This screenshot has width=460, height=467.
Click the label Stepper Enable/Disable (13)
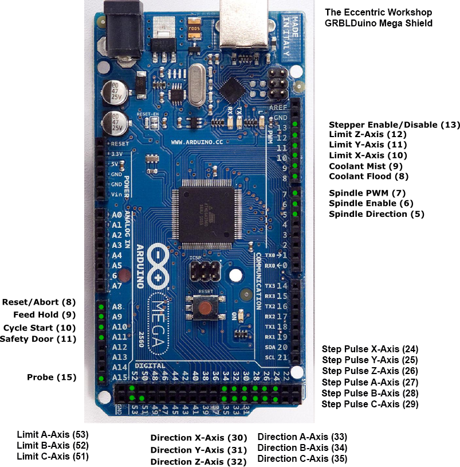coord(394,124)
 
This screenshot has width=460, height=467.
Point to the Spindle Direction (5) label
coord(376,214)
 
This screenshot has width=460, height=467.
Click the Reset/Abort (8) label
coord(39,302)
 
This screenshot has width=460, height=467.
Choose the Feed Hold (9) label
coord(44,314)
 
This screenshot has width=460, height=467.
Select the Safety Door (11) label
coord(38,338)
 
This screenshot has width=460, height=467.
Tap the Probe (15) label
coord(52,377)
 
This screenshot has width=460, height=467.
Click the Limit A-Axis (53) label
coord(53,434)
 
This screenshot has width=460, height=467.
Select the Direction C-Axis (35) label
coord(302,458)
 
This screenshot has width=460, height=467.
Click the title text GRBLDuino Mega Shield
coord(378,23)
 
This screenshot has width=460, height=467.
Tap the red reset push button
coord(205,308)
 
